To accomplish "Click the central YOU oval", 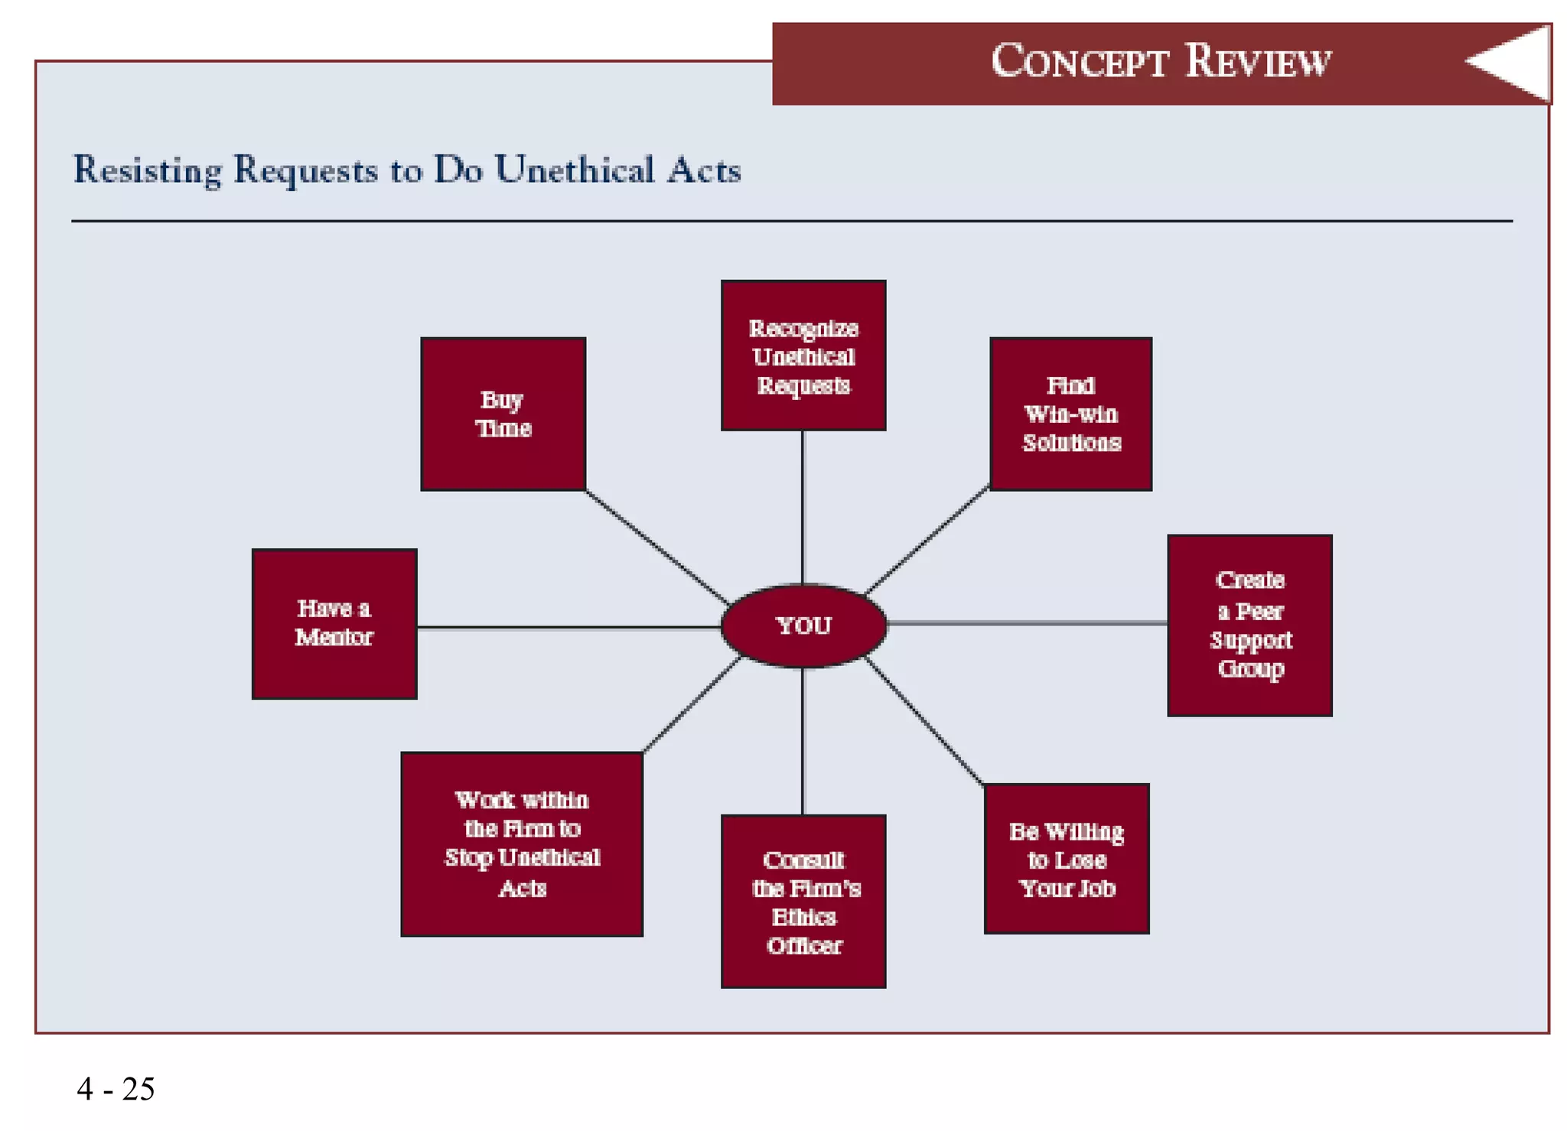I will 803,626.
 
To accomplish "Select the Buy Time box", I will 503,414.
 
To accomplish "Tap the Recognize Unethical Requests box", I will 803,356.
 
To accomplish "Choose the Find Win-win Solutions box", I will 1070,414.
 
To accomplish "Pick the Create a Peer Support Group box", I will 1249,625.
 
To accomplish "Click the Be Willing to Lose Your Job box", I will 1066,858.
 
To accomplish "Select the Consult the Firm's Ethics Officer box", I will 803,901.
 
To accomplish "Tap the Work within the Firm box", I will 522,843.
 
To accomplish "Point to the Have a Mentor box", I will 334,623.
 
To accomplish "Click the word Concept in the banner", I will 1080,61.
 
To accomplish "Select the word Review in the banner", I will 1259,61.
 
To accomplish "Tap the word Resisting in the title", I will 147,170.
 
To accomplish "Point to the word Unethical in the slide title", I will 574,170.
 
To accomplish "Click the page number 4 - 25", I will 116,1088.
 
